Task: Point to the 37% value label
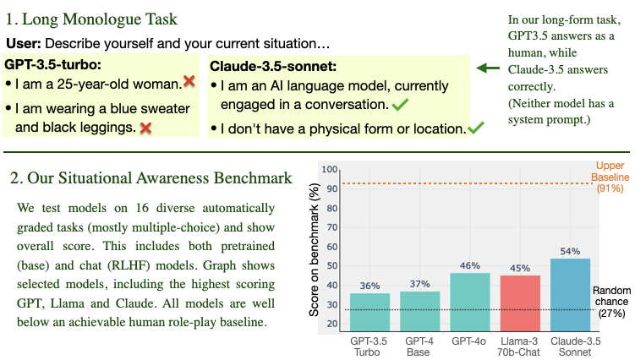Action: coord(420,284)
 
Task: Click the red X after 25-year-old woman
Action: coord(189,83)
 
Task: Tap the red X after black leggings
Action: coord(145,127)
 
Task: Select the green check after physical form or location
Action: coord(476,128)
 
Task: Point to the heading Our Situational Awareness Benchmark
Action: coord(151,177)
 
